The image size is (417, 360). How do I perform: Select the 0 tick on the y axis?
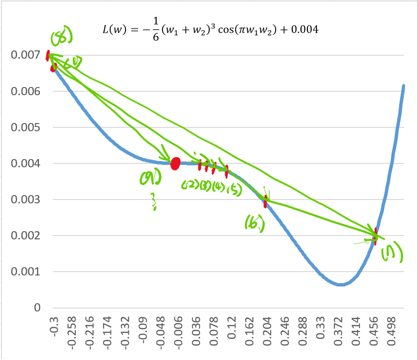click(36, 308)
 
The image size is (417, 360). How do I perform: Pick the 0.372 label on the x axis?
click(339, 331)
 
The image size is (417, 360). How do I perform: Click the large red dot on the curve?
click(176, 163)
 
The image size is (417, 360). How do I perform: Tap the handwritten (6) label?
click(253, 222)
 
